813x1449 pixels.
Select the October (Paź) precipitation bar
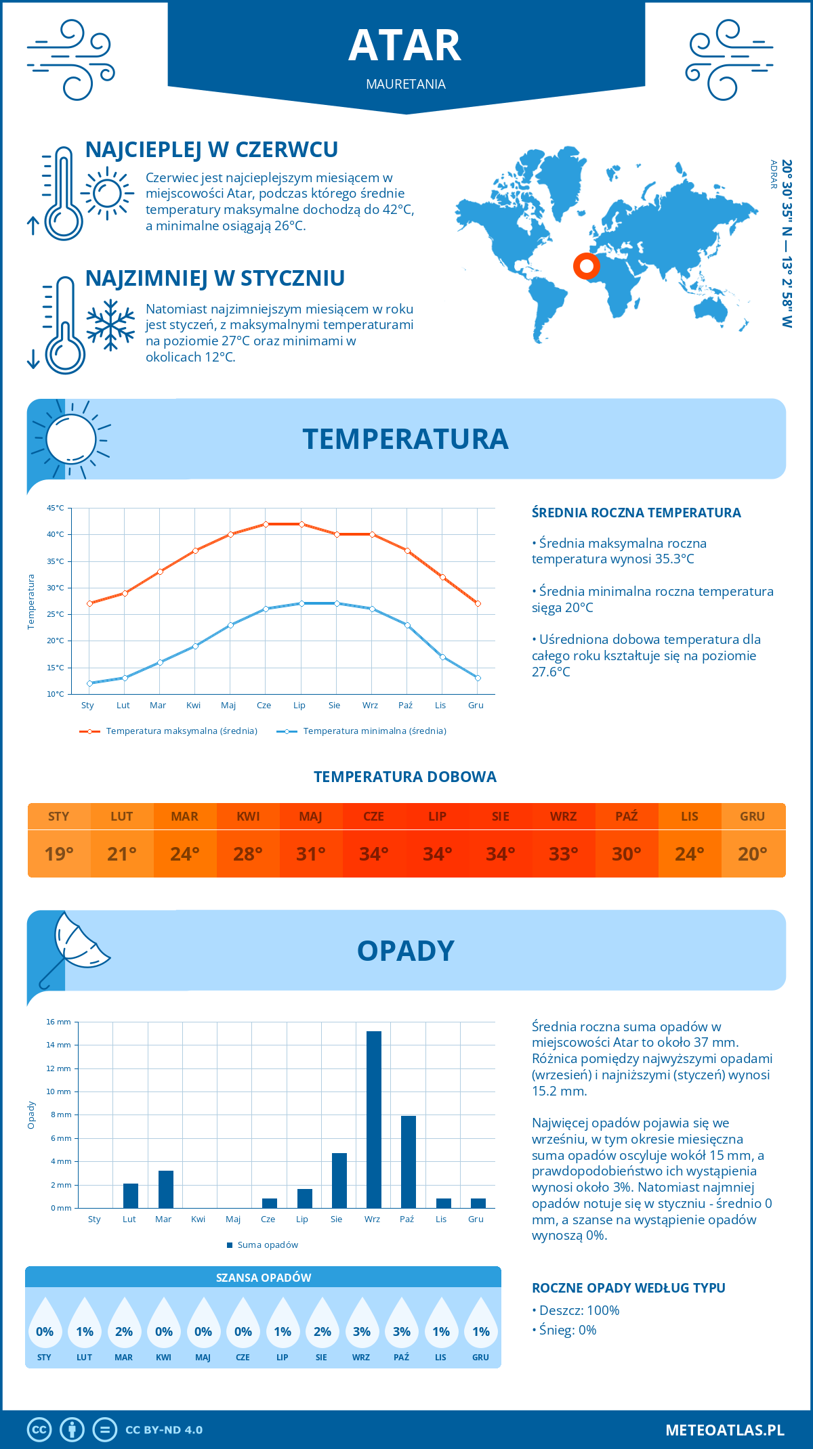click(x=409, y=1162)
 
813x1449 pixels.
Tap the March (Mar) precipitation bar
click(x=166, y=1189)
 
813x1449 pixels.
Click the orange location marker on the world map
click(x=586, y=266)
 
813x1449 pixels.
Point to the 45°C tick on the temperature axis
click(x=56, y=508)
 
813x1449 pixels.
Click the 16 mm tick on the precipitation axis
click(x=59, y=1022)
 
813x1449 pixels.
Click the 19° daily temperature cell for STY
click(x=59, y=854)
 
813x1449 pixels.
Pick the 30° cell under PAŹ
click(x=627, y=854)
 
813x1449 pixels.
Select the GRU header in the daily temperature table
click(x=753, y=817)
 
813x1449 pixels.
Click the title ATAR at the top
click(x=405, y=46)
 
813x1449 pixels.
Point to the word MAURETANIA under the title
click(x=406, y=84)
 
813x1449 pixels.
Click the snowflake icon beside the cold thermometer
click(x=110, y=325)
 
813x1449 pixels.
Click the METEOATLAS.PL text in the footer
click(x=725, y=1430)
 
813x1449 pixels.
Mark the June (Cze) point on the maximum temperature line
click(x=266, y=524)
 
